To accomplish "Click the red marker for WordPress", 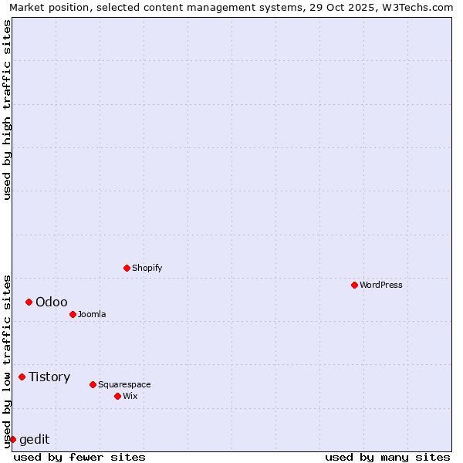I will point(354,285).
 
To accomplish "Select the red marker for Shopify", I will point(127,268).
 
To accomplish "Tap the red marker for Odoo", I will point(29,302).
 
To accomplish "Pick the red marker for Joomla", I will point(73,314).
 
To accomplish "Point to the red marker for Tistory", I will point(22,377).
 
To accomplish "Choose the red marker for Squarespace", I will point(93,384).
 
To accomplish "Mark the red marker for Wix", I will point(117,396).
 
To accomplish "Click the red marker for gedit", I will point(12,439).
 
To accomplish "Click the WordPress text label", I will point(381,285).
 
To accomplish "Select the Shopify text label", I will point(147,268).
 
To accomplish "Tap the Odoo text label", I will point(52,302).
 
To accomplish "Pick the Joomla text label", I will point(92,314).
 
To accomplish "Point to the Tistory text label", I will point(49,377).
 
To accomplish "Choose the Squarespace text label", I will point(124,384).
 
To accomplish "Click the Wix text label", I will point(130,396).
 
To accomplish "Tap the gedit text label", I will point(34,439).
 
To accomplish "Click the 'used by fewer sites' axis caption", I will point(79,457).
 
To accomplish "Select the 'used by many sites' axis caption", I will point(387,457).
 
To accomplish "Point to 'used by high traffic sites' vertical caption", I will point(8,110).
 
